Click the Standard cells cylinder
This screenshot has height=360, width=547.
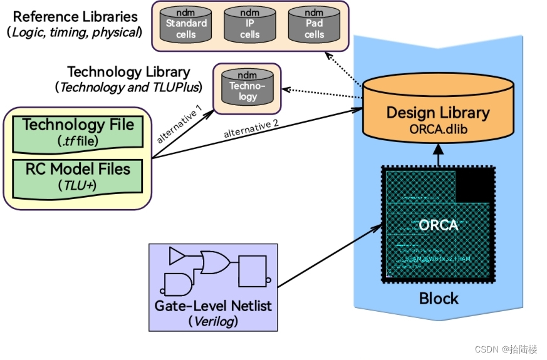186,25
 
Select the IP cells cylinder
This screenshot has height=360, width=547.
250,25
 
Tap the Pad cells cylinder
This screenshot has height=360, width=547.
314,25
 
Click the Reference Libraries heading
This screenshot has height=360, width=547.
75,16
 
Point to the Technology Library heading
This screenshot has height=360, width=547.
128,72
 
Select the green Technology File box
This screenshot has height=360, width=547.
78,131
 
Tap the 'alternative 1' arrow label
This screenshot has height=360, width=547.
179,123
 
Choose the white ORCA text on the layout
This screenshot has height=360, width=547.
439,225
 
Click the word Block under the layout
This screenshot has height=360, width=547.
439,298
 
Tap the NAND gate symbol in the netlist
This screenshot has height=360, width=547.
178,284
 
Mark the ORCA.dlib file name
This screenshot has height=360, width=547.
437,129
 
